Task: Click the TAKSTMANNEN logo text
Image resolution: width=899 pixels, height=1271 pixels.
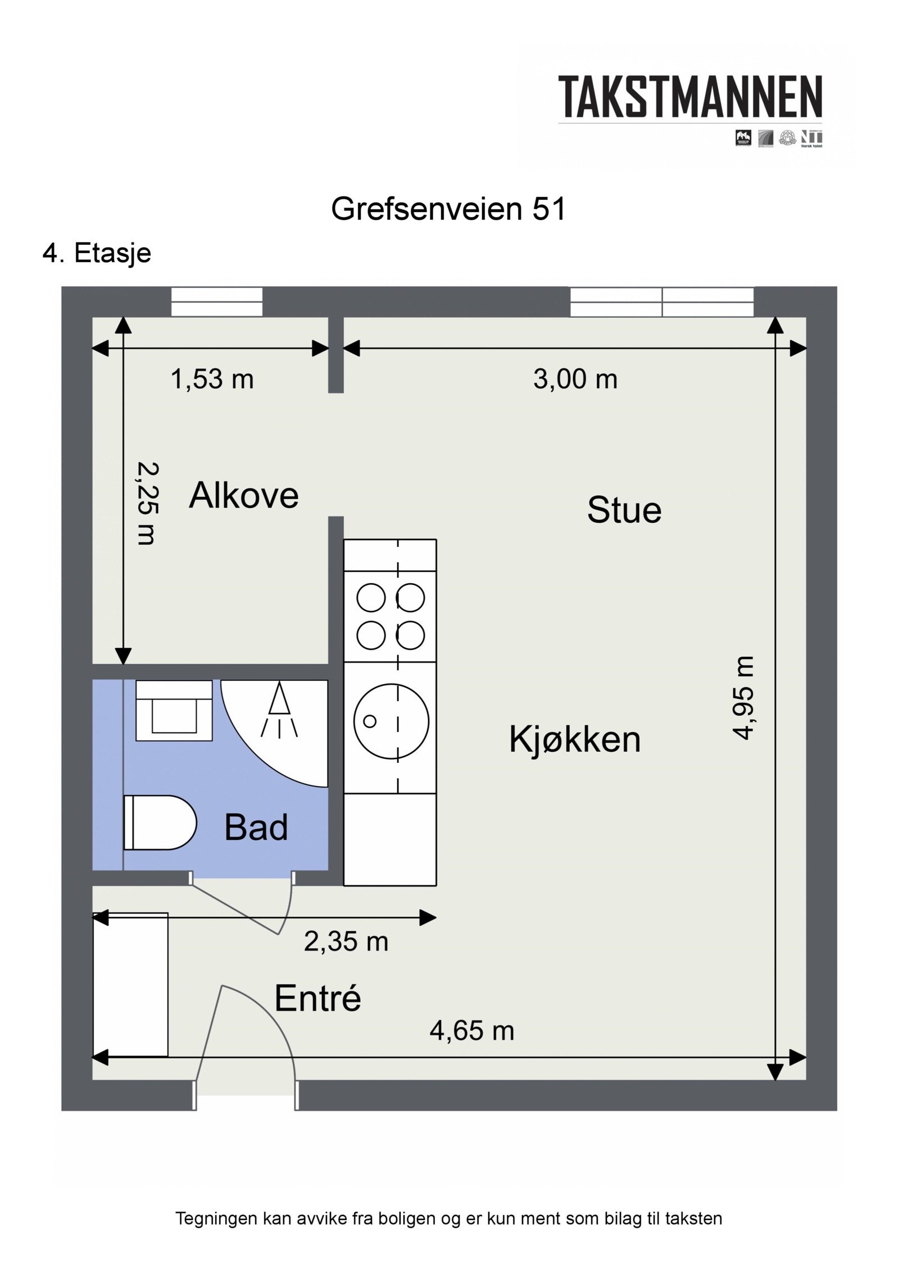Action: pos(689,97)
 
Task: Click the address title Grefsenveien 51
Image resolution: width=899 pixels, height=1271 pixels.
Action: pos(448,209)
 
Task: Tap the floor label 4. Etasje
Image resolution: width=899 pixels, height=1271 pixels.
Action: pos(97,253)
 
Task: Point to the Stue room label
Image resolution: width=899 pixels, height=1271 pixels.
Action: pos(624,510)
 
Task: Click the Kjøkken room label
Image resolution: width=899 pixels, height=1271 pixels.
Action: pos(574,739)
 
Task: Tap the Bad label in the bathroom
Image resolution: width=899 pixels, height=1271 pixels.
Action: pos(256,827)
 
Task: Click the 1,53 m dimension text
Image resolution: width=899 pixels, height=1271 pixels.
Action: pos(212,380)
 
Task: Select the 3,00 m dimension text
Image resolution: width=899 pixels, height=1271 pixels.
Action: pos(575,380)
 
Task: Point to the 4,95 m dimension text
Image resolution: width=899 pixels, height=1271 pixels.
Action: pos(743,698)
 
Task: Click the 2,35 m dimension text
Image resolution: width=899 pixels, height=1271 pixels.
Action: pos(346,941)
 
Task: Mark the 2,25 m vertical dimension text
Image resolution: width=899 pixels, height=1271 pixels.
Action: pos(148,503)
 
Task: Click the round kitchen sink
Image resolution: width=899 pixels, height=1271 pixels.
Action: pos(391,721)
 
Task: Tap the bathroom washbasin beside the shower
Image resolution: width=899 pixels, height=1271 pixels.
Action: pos(174,710)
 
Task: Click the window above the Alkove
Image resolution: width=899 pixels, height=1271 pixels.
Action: pos(216,302)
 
